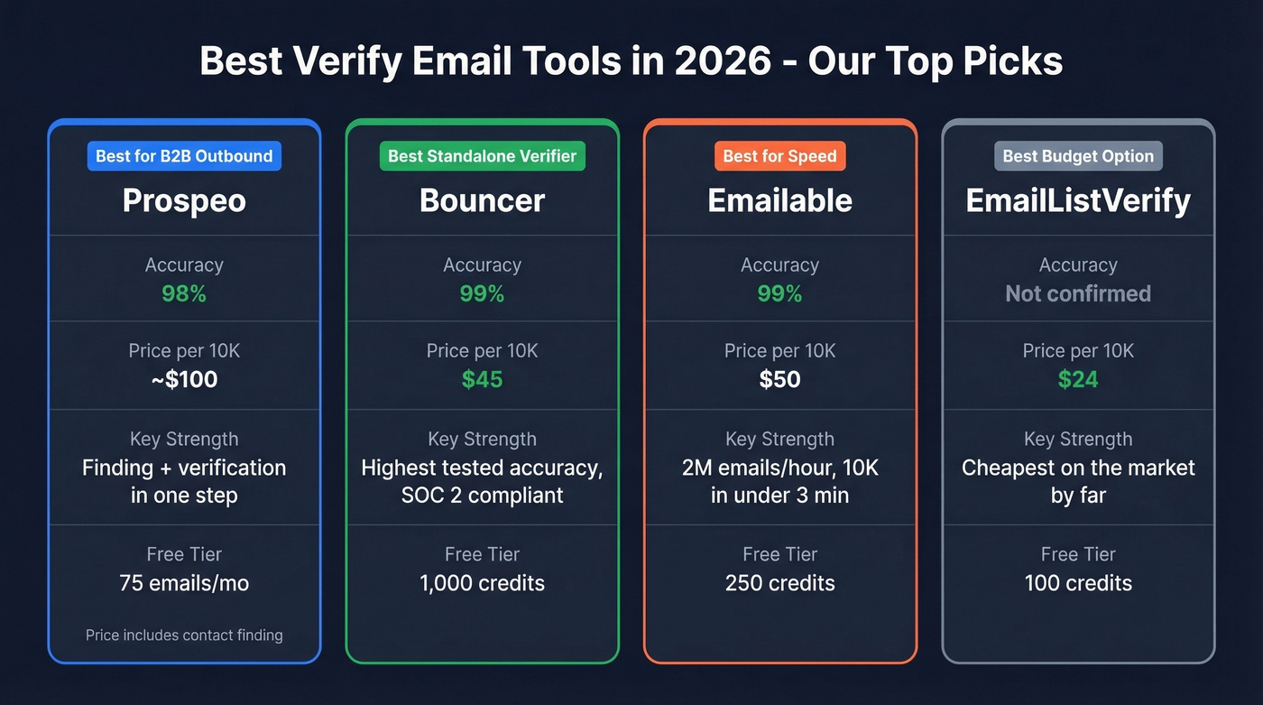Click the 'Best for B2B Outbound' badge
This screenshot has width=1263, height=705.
click(184, 156)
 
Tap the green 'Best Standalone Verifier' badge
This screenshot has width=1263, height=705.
click(482, 156)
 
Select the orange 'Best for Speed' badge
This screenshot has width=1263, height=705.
click(779, 156)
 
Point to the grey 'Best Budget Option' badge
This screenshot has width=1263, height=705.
click(1078, 156)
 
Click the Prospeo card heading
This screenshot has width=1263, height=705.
click(184, 200)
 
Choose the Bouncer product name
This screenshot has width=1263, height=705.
click(482, 200)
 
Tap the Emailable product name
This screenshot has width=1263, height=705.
click(779, 200)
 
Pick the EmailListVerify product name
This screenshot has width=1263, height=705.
click(1078, 200)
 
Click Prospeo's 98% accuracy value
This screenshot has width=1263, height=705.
click(184, 293)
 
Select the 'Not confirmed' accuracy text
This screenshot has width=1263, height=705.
click(1078, 293)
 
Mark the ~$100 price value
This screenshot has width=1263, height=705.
click(184, 379)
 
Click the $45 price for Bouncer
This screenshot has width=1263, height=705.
click(482, 379)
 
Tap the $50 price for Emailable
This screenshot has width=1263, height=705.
click(779, 379)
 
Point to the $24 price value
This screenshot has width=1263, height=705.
click(1078, 379)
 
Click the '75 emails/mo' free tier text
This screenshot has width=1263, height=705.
click(184, 583)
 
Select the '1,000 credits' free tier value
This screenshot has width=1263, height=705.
click(482, 583)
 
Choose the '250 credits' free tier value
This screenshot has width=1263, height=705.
click(779, 583)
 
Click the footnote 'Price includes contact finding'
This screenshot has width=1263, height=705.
click(184, 635)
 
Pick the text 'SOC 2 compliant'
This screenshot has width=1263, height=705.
click(482, 496)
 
